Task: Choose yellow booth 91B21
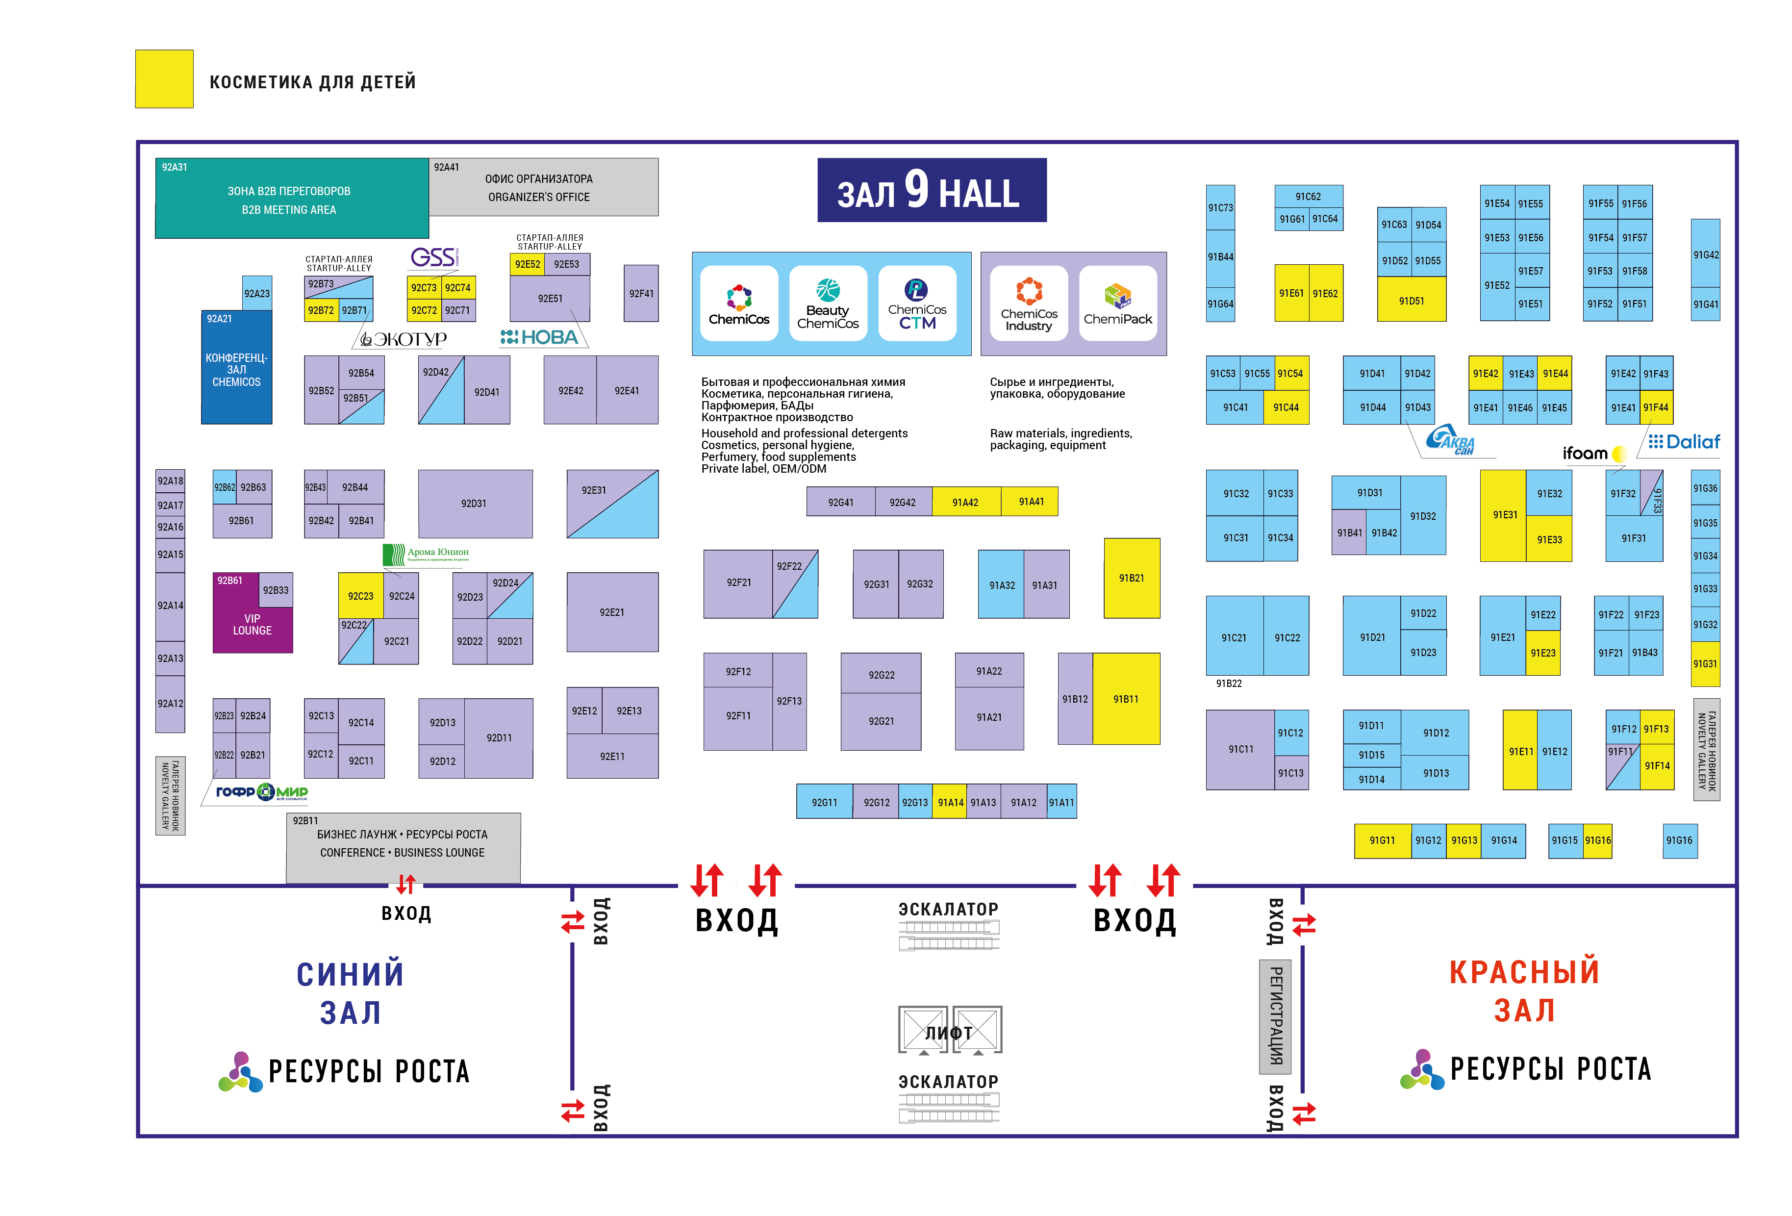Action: click(x=1131, y=578)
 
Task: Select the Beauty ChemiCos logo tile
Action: click(x=828, y=303)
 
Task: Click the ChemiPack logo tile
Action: click(x=1117, y=303)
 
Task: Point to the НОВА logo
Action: click(x=540, y=337)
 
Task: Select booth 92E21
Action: click(x=612, y=612)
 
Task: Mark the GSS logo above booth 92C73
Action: click(x=433, y=257)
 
